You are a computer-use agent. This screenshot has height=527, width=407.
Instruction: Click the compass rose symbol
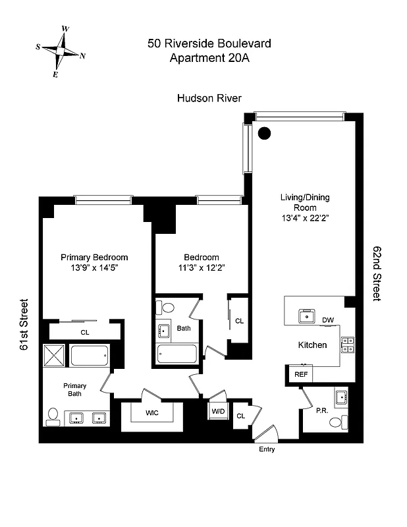pyautogui.click(x=61, y=51)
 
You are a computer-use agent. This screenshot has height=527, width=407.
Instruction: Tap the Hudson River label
pyautogui.click(x=209, y=98)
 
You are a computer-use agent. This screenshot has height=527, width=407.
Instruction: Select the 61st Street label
pyautogui.click(x=24, y=326)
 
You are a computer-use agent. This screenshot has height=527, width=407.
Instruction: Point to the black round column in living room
pyautogui.click(x=264, y=133)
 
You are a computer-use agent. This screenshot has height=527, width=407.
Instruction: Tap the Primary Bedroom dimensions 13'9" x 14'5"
pyautogui.click(x=94, y=268)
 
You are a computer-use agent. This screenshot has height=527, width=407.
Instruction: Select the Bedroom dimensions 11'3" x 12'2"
pyautogui.click(x=201, y=268)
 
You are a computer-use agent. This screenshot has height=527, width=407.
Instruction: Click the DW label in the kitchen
pyautogui.click(x=327, y=321)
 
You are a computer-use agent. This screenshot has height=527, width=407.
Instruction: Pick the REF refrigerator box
pyautogui.click(x=301, y=374)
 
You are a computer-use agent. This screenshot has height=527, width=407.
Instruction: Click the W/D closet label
pyautogui.click(x=217, y=411)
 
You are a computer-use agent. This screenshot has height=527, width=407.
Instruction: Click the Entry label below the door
pyautogui.click(x=267, y=450)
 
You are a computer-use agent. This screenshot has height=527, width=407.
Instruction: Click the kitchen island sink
pyautogui.click(x=306, y=316)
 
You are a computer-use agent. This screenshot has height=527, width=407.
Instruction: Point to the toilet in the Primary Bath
pyautogui.click(x=55, y=416)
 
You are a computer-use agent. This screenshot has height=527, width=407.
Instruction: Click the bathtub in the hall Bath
pyautogui.click(x=177, y=354)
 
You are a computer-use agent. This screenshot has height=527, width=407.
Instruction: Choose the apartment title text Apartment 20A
pyautogui.click(x=209, y=58)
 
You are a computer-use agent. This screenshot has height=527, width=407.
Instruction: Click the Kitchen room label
pyautogui.click(x=312, y=345)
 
